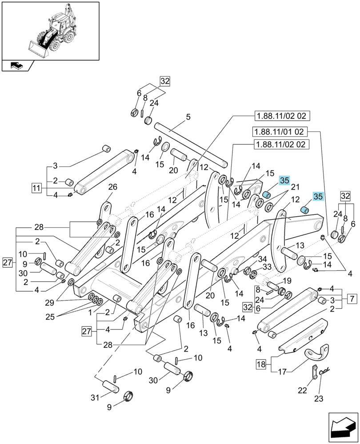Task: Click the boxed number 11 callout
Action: (x=36, y=188)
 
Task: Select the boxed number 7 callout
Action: (x=352, y=298)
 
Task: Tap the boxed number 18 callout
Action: (x=261, y=364)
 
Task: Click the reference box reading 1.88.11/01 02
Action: (x=279, y=132)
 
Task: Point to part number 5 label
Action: (x=188, y=117)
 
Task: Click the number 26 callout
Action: (x=112, y=187)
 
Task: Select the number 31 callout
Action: (x=95, y=397)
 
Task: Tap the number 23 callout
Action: (x=319, y=399)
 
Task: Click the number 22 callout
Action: (x=303, y=390)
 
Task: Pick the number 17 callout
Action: (x=282, y=372)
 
